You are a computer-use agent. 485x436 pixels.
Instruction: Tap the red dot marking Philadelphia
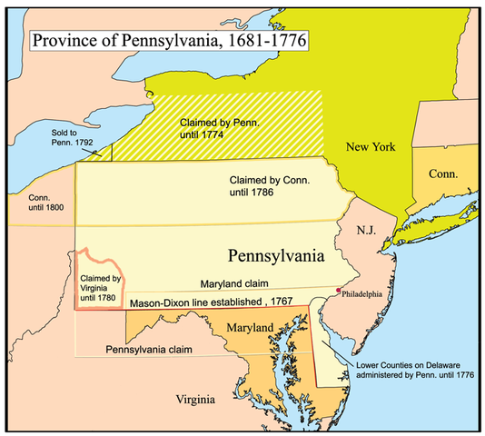click(338, 292)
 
